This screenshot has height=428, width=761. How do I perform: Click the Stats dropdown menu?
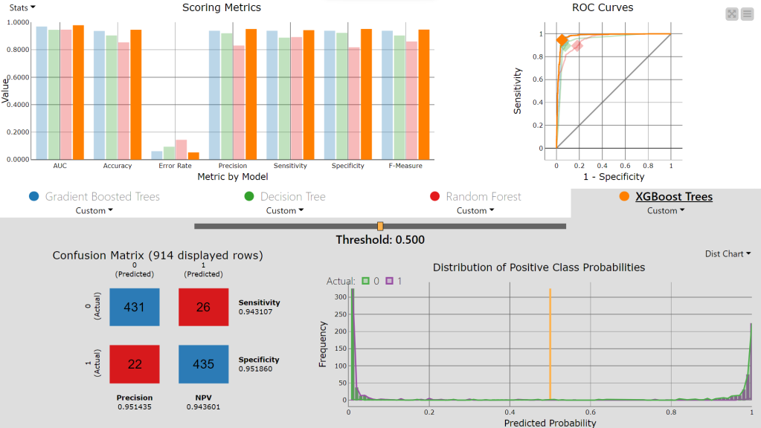(x=22, y=7)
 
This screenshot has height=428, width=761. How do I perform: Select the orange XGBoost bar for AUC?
(x=78, y=92)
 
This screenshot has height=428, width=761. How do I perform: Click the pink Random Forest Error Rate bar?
(x=181, y=149)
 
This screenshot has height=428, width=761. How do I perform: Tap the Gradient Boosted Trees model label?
(x=102, y=197)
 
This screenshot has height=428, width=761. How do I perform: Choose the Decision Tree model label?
(x=292, y=197)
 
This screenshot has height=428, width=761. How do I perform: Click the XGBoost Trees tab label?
(x=673, y=197)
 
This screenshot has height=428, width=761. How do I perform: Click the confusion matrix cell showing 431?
(x=134, y=307)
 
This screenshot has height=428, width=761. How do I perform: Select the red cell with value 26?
(x=203, y=307)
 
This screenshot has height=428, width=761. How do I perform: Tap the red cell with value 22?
(x=134, y=364)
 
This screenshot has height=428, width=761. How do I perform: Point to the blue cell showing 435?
(x=203, y=364)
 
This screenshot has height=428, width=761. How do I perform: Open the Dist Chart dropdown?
(x=728, y=254)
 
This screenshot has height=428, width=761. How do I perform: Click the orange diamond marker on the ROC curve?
(x=562, y=40)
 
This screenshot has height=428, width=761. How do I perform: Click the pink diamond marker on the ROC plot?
(x=577, y=46)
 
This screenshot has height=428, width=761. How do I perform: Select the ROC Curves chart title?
(x=602, y=7)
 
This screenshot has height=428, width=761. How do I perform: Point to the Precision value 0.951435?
(x=134, y=406)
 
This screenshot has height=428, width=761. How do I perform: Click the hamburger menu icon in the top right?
(x=746, y=14)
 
